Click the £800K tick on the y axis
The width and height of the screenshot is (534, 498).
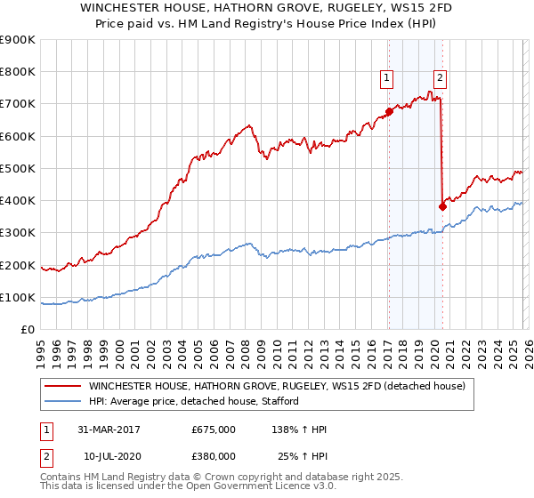(x=20, y=72)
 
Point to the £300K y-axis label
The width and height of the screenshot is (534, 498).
(x=20, y=233)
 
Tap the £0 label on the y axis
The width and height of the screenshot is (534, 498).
(x=28, y=330)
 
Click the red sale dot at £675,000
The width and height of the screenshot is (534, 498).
(x=389, y=112)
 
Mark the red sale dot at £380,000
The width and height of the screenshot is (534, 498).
(x=442, y=206)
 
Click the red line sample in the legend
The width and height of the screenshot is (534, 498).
(x=62, y=386)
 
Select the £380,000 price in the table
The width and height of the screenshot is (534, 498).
(x=213, y=456)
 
